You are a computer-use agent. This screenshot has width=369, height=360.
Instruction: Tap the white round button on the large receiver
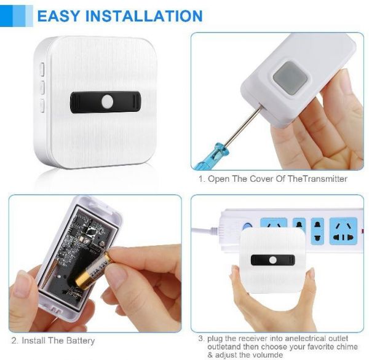click(107, 102)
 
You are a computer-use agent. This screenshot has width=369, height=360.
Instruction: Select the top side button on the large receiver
click(42, 69)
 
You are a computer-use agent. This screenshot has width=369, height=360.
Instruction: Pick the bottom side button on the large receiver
click(42, 105)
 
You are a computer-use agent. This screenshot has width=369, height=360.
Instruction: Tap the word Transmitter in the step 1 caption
click(324, 179)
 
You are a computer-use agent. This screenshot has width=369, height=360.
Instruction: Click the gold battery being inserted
click(93, 270)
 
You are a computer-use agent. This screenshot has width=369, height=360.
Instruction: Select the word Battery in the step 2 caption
click(81, 340)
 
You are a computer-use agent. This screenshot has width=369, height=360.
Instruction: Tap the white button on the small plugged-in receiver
click(273, 260)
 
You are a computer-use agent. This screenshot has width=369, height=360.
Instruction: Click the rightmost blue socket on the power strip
click(343, 232)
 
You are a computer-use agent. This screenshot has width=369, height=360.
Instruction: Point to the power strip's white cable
click(206, 229)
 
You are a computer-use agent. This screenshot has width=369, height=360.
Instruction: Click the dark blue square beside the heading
click(6, 16)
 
